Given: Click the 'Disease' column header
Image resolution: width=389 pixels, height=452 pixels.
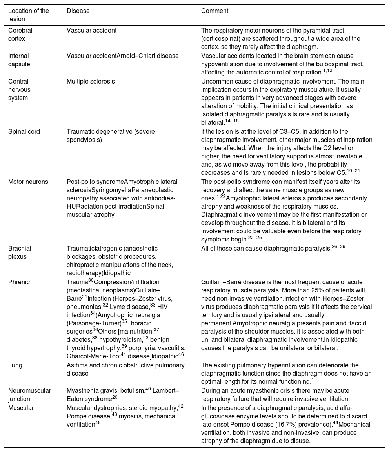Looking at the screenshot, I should tap(78, 11).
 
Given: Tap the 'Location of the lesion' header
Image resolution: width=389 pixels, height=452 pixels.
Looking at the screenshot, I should tap(29, 15).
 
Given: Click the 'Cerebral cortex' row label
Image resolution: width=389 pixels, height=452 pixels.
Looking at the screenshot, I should tap(20, 34).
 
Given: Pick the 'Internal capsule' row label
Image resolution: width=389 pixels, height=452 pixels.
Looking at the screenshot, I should tap(19, 60).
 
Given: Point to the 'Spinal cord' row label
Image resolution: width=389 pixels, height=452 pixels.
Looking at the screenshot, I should tap(24, 132).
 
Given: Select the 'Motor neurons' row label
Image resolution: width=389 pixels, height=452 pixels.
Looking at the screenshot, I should tap(28, 182).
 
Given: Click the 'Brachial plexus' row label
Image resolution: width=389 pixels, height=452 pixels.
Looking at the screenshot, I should tap(20, 252).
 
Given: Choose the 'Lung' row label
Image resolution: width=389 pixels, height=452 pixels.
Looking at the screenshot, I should tap(15, 365).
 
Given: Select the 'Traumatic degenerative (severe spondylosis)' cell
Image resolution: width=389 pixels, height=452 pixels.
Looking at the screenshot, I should tap(111, 135).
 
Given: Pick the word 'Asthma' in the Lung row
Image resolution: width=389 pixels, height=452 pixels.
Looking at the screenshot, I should tap(77, 365).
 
